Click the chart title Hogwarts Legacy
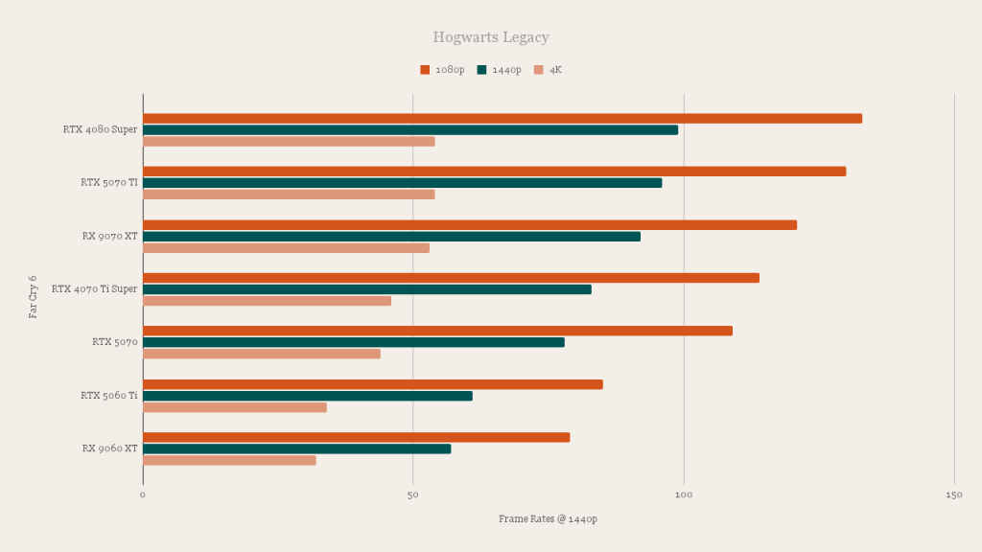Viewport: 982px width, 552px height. coord(490,37)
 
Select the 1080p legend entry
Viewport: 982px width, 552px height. coord(442,70)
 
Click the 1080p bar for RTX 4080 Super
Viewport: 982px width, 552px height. coord(502,119)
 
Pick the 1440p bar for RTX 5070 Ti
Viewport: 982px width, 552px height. coord(402,183)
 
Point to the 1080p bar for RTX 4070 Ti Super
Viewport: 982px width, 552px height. coord(451,278)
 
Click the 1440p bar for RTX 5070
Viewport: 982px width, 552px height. coord(353,342)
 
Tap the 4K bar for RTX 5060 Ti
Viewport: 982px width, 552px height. coord(234,407)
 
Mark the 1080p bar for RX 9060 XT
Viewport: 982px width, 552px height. coord(356,438)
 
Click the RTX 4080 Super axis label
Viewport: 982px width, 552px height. coord(100,129)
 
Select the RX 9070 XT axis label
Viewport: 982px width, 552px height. coord(109,236)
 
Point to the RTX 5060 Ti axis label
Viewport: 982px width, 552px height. coord(108,395)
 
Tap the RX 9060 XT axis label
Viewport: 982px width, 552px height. coord(109,448)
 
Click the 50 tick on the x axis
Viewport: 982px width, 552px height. coord(413,494)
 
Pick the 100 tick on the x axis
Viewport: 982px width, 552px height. coord(684,494)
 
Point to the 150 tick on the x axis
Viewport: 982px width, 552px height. coord(954,494)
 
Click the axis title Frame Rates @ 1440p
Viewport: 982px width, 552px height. coord(548,518)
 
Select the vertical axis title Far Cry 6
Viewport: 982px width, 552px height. coord(34,296)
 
